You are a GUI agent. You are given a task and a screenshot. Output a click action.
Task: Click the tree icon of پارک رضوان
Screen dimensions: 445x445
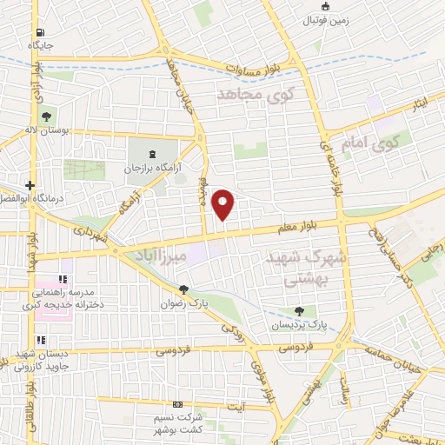183,290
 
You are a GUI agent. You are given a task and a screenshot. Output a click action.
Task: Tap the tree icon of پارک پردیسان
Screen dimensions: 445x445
300,310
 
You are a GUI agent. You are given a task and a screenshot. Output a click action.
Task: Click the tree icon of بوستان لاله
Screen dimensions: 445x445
46,116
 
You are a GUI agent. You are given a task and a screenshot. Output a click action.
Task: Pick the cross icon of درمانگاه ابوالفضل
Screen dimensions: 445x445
30,185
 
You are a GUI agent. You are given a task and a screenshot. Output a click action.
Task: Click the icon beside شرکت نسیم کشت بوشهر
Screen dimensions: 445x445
178,405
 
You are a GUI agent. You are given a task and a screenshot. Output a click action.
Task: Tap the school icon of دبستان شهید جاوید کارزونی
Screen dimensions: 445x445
39,340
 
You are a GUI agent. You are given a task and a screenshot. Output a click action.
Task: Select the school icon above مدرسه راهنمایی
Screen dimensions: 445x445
62,280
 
